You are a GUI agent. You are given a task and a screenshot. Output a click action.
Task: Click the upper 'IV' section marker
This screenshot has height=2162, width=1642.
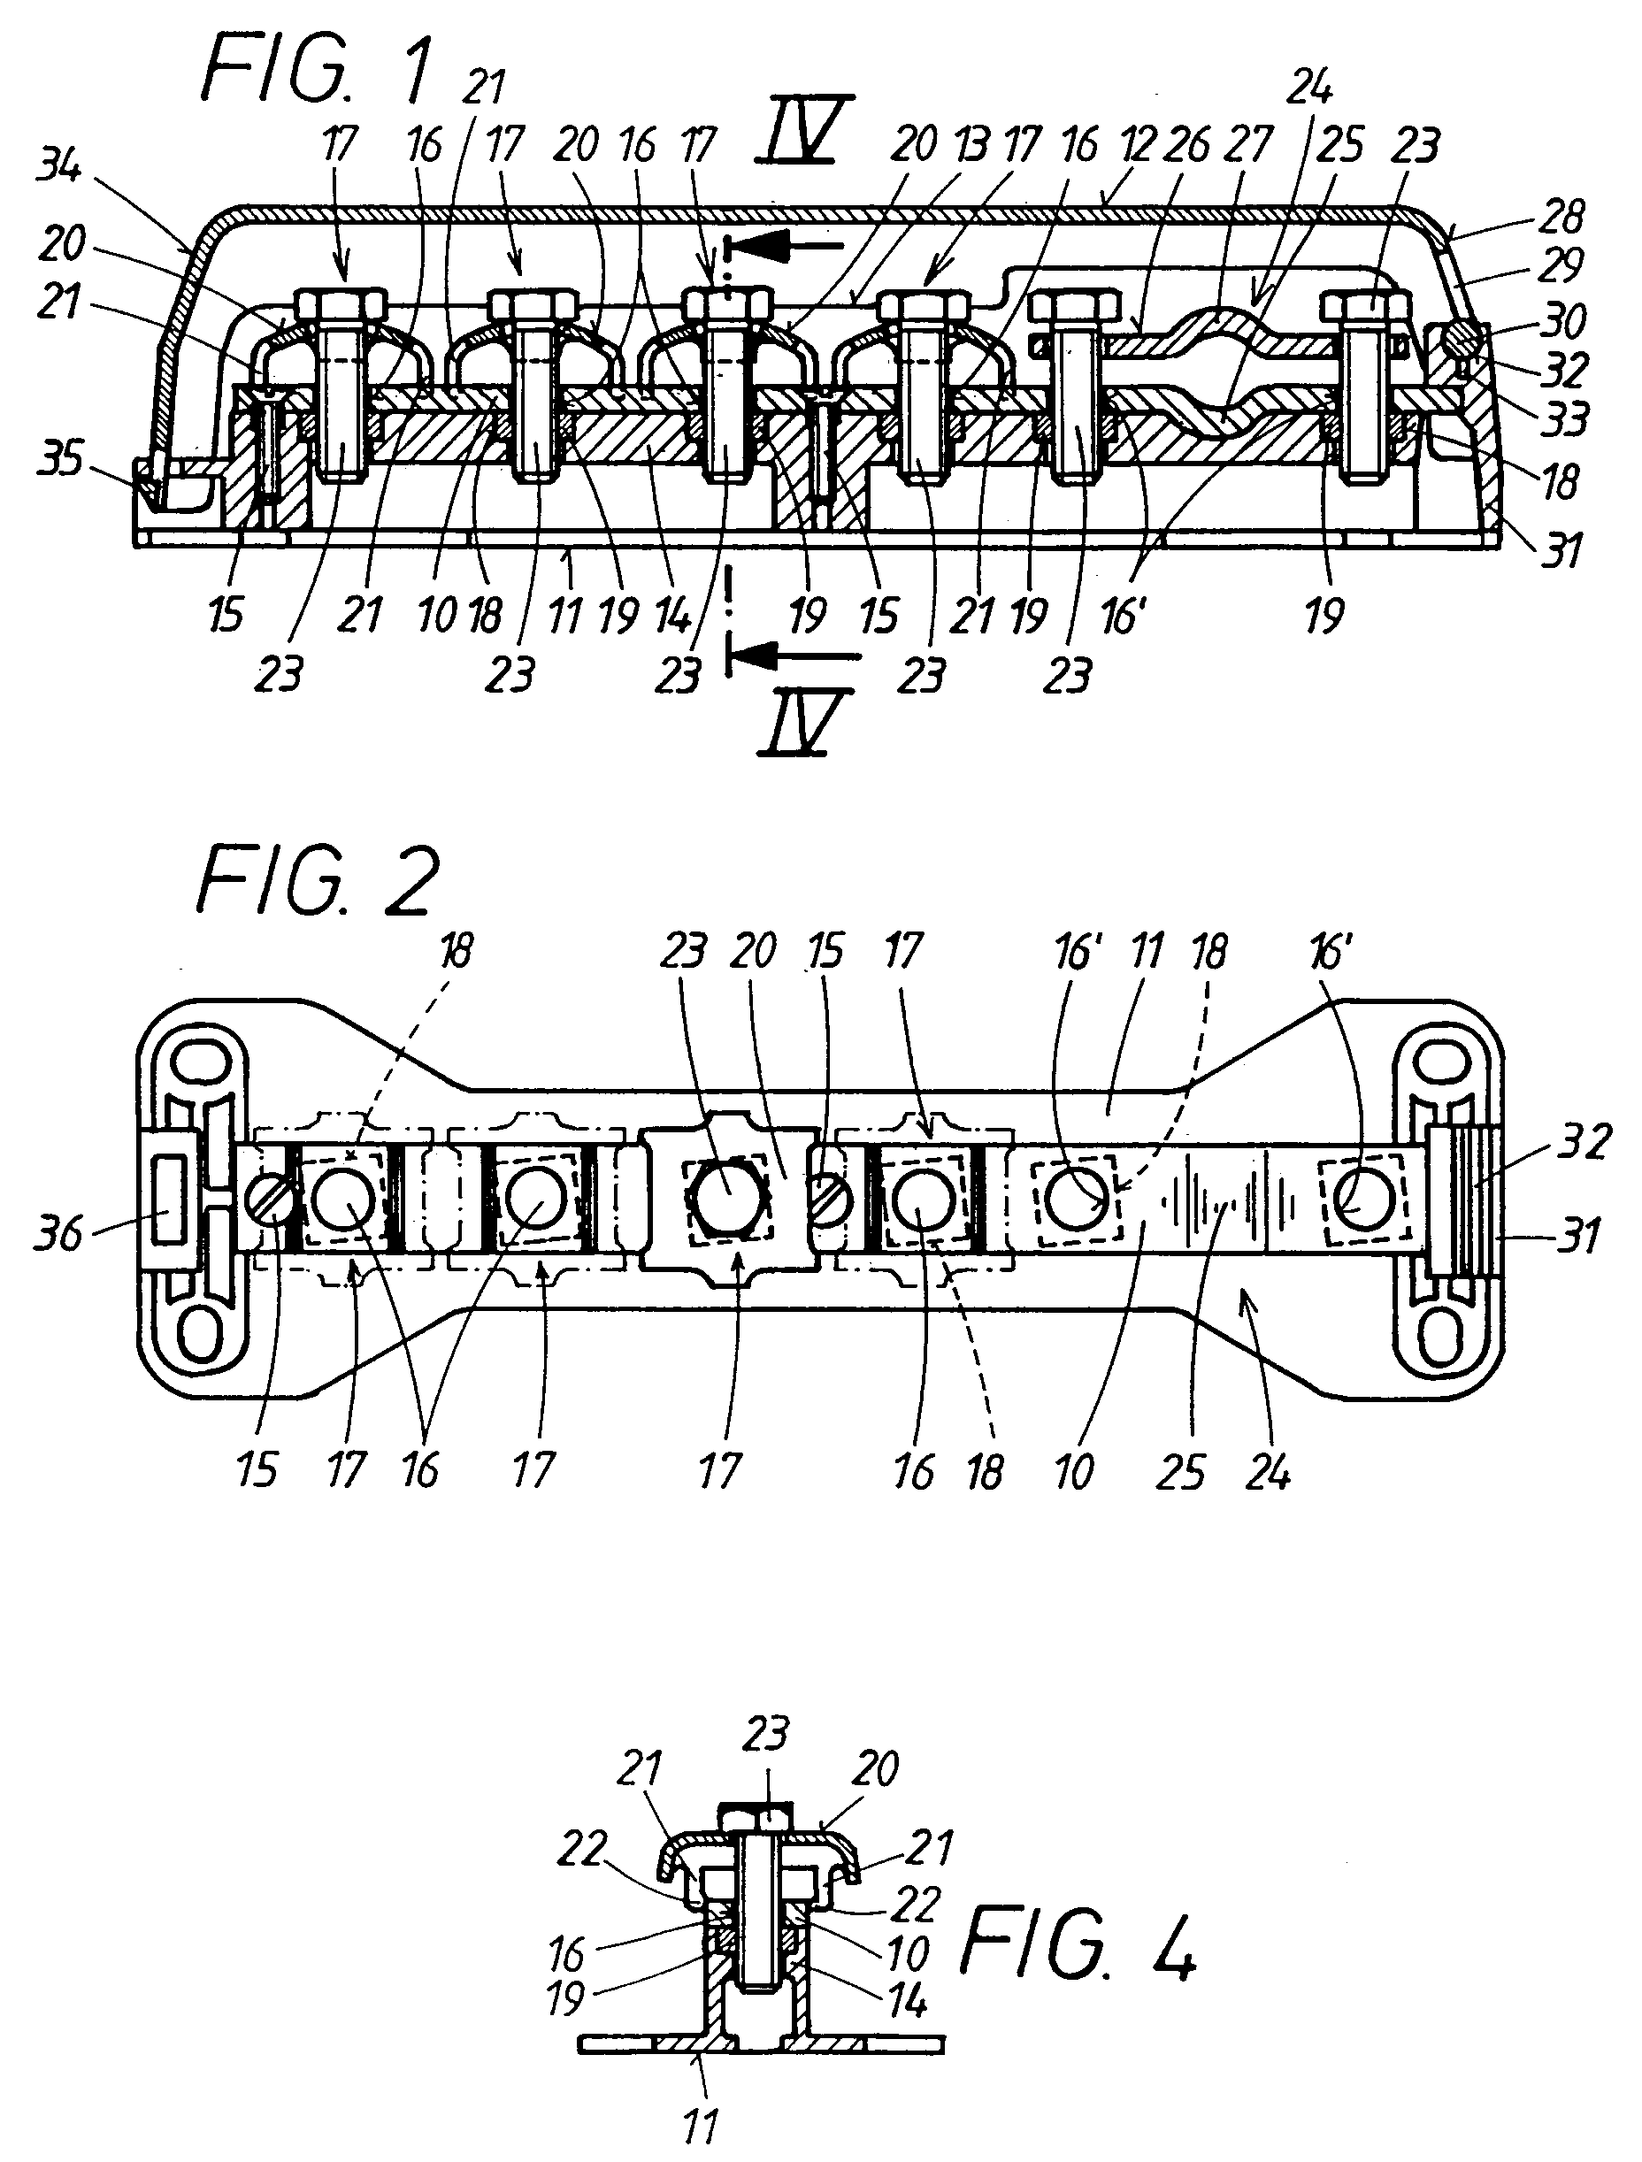pyautogui.click(x=805, y=128)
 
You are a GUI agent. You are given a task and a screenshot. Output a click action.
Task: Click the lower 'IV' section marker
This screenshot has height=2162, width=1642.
pyautogui.click(x=806, y=724)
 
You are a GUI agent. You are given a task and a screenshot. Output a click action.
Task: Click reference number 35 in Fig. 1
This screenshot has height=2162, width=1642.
pyautogui.click(x=60, y=457)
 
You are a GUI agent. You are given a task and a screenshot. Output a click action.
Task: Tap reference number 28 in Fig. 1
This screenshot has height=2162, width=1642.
pyautogui.click(x=1561, y=217)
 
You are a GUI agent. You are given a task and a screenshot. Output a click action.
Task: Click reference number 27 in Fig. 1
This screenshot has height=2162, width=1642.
pyautogui.click(x=1248, y=145)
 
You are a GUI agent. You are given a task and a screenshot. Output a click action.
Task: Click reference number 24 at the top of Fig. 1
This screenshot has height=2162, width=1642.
pyautogui.click(x=1310, y=90)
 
